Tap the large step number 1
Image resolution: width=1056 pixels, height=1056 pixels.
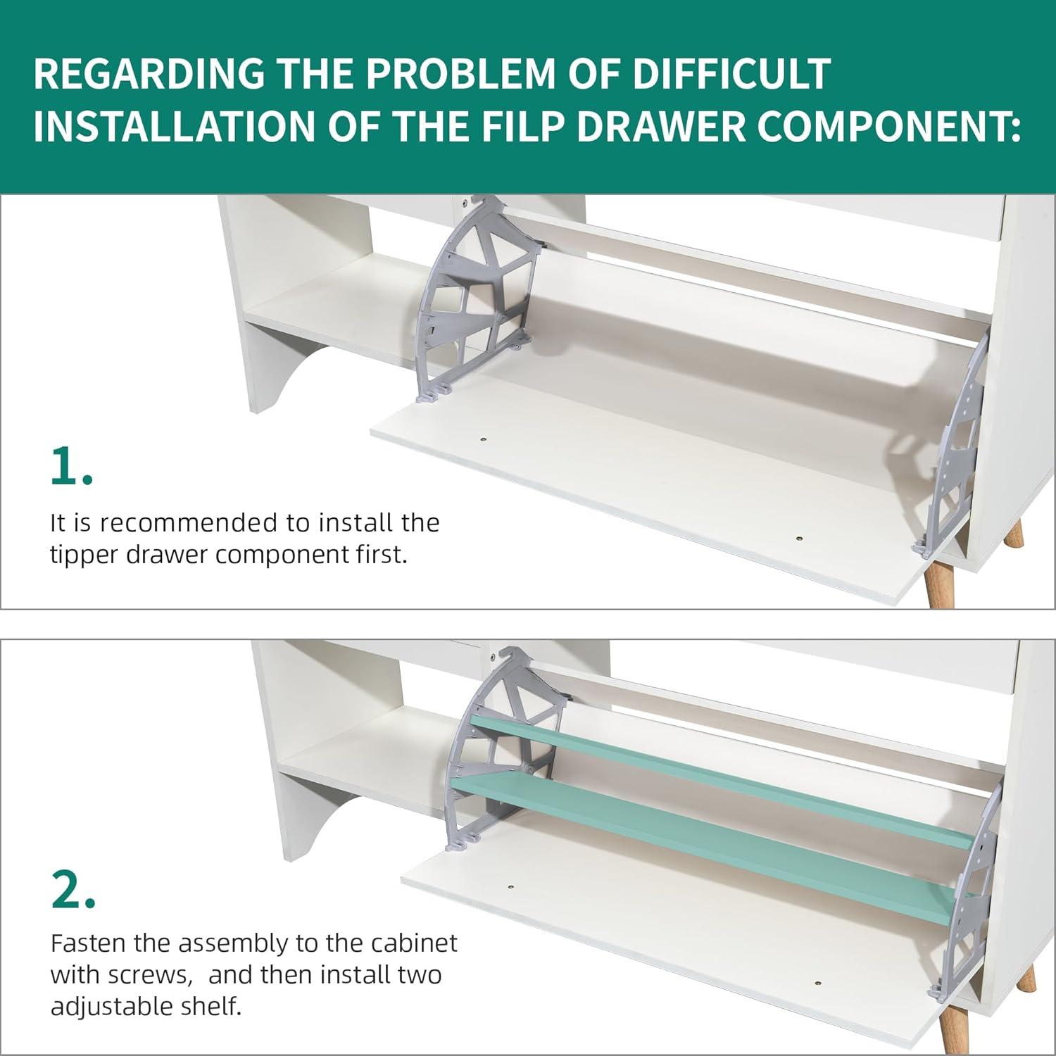click(x=71, y=465)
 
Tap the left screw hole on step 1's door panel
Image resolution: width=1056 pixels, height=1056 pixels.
click(x=484, y=439)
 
